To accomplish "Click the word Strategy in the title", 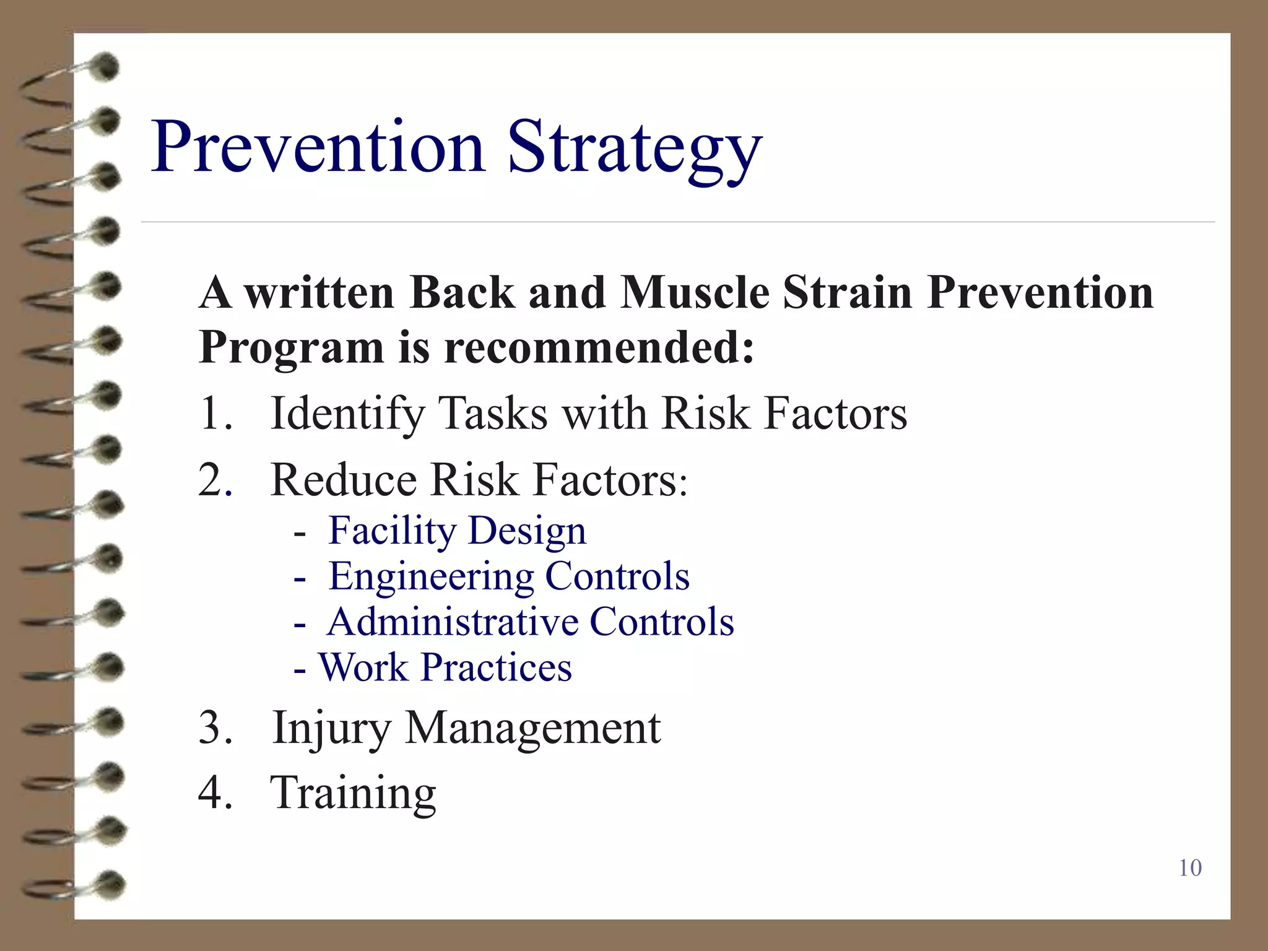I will [x=635, y=149].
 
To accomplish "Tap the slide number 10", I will [x=1190, y=867].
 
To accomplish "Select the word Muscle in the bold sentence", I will [x=695, y=292].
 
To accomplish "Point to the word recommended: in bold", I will [x=599, y=347].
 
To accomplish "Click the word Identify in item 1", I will [x=347, y=414].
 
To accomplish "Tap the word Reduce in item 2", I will [x=344, y=480].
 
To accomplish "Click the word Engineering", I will [x=431, y=577].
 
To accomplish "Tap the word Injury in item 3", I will [x=331, y=728].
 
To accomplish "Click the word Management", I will [x=532, y=728].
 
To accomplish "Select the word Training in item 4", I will [x=353, y=793].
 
